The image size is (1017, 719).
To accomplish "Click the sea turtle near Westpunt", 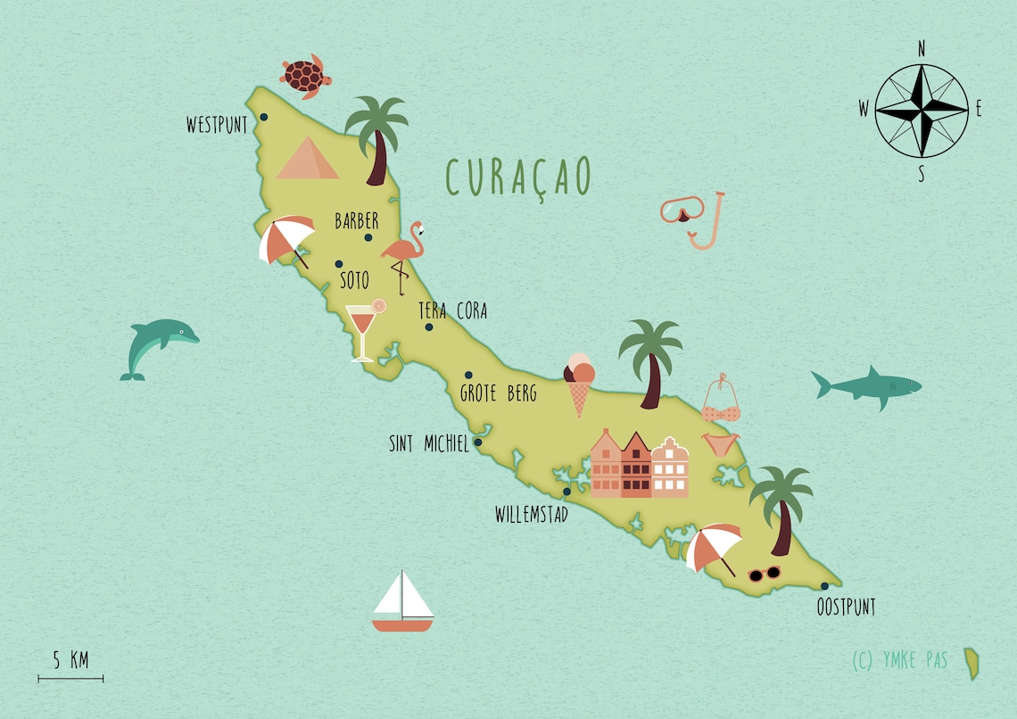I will tap(305, 75).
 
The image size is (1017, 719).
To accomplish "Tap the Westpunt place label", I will tap(217, 126).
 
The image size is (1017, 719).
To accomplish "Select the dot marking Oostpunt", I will tap(824, 586).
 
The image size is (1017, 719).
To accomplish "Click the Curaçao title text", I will tap(517, 177).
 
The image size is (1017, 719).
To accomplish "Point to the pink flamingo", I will tap(404, 254).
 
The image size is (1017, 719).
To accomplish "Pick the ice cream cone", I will tap(579, 384).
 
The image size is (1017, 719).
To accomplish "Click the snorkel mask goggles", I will tap(682, 211).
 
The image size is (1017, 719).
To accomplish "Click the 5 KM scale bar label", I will tap(70, 660).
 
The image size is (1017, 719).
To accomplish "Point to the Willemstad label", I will tap(532, 515).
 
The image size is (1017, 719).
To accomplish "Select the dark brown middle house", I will tap(636, 465).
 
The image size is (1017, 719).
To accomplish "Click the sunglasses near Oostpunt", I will tap(764, 574).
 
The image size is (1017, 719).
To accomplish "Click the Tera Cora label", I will tap(452, 311).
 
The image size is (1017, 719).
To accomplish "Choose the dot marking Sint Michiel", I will tap(477, 442).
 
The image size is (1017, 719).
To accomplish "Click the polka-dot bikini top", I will tap(721, 402).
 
